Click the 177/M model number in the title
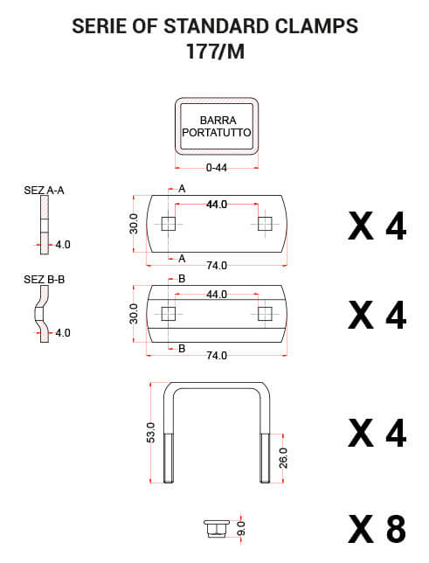coord(215,51)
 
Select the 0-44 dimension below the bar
coord(216,169)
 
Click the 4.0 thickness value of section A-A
coord(63,245)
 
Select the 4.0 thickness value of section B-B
coord(63,333)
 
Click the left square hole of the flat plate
coord(170,225)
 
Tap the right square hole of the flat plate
coord(264,225)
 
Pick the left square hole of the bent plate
coord(170,313)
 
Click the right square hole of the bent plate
coord(264,313)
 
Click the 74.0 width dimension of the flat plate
coord(216,265)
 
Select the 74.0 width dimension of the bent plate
coord(216,355)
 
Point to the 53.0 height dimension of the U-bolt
coord(151,432)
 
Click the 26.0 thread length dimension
coord(283,457)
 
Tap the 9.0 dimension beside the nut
coord(241,528)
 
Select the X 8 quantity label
coord(377,529)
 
